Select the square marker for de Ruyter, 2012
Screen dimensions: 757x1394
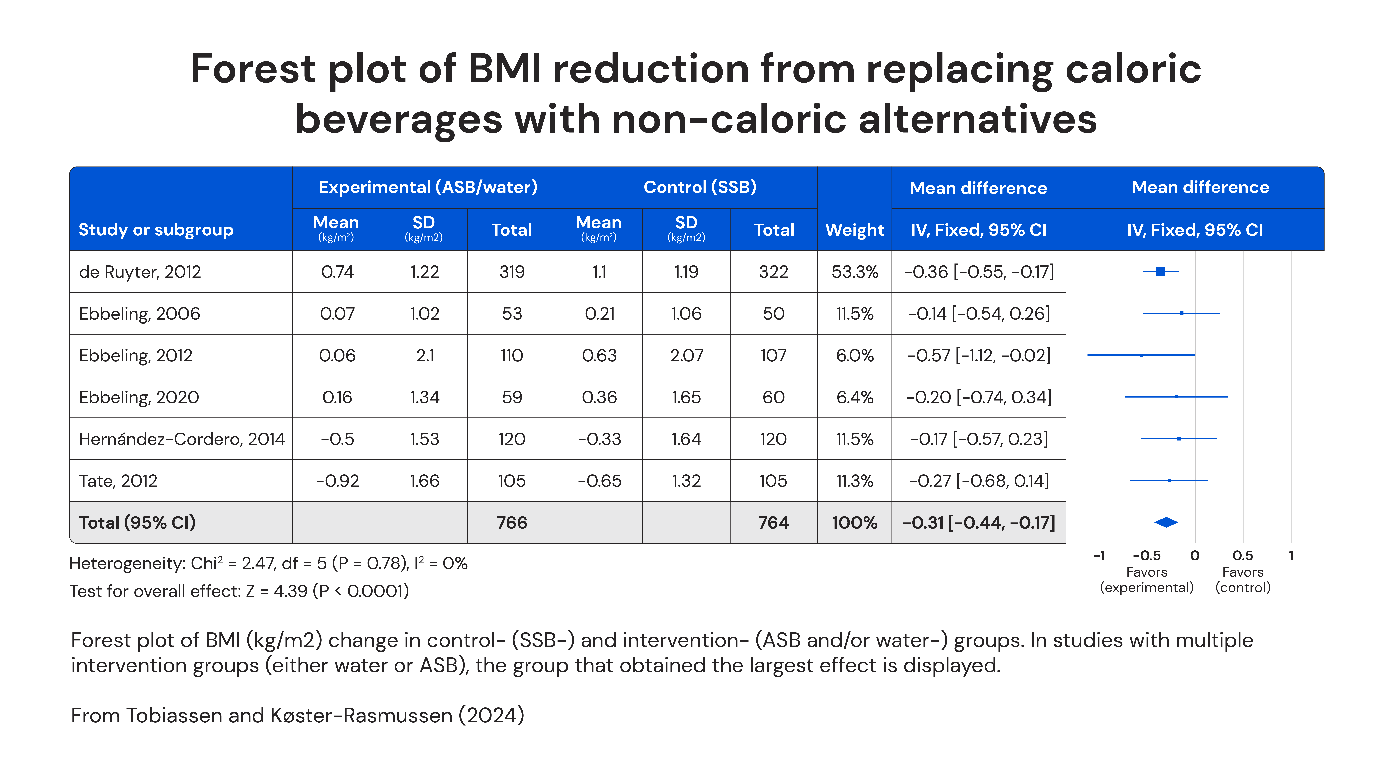pos(1160,271)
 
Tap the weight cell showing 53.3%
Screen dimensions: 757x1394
pos(854,272)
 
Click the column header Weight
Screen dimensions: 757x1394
pos(854,230)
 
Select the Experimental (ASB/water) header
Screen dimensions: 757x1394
pos(428,187)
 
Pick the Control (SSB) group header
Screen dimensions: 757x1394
pos(700,187)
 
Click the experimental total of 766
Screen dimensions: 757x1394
pos(511,523)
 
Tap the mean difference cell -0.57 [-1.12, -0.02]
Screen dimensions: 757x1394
pos(978,355)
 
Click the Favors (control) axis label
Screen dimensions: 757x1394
pos(1242,580)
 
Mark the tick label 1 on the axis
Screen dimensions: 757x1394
pos(1291,556)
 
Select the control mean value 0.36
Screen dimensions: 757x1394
pos(599,397)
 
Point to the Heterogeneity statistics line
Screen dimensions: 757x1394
pos(268,563)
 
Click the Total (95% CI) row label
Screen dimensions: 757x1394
pos(137,523)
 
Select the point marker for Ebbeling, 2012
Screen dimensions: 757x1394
pos(1141,355)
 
